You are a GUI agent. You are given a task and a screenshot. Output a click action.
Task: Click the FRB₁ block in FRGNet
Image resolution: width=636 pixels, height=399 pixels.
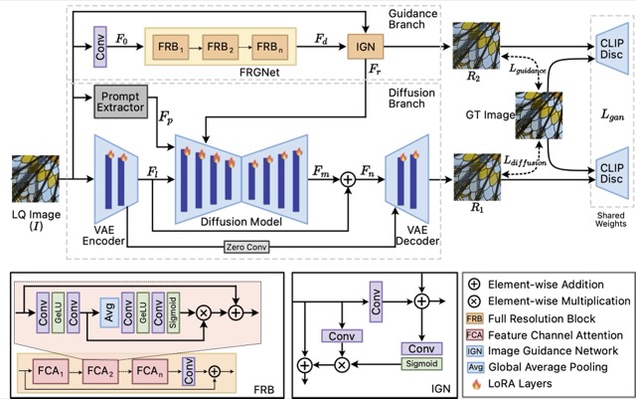click(x=172, y=46)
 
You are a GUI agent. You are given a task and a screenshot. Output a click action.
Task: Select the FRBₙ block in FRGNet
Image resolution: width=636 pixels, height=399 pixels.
click(x=273, y=46)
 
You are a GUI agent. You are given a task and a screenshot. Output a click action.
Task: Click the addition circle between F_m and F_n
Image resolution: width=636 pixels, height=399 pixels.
click(x=347, y=181)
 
